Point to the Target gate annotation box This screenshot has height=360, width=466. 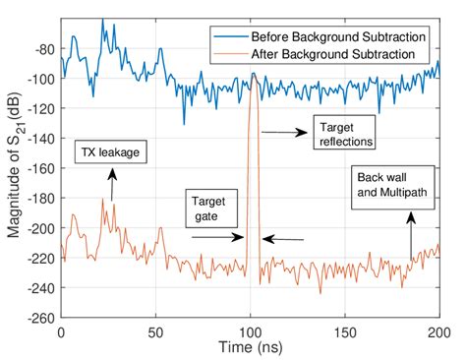(x=209, y=208)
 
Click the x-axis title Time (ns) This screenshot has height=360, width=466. (x=251, y=349)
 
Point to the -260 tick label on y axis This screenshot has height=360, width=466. (x=40, y=318)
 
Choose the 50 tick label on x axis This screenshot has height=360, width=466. (x=156, y=331)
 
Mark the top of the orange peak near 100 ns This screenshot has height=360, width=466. (x=254, y=75)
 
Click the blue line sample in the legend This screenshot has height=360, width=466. (x=228, y=38)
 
